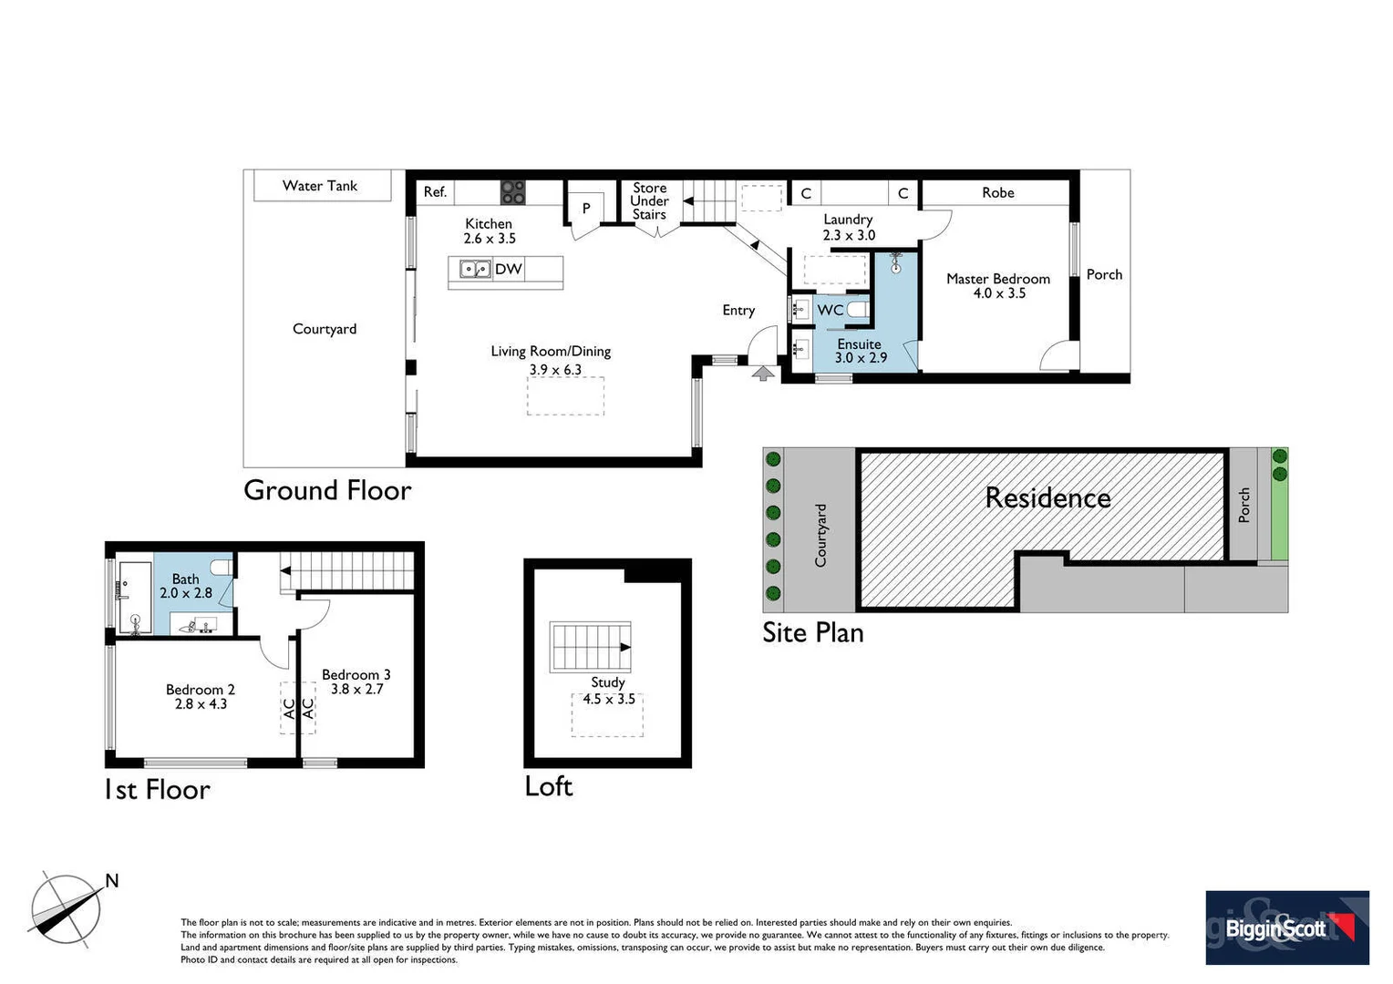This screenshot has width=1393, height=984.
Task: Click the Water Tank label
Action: pyautogui.click(x=320, y=186)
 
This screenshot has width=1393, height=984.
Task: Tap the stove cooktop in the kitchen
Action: pyautogui.click(x=512, y=192)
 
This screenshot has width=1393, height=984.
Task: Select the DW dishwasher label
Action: pyautogui.click(x=508, y=269)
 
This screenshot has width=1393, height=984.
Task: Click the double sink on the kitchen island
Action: pyautogui.click(x=474, y=269)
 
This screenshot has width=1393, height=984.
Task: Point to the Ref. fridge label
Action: pyautogui.click(x=435, y=192)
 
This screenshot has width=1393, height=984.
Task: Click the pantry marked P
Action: pyautogui.click(x=586, y=209)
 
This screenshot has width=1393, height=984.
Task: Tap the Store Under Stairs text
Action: pyautogui.click(x=649, y=201)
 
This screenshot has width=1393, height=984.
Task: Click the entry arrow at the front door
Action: pyautogui.click(x=763, y=372)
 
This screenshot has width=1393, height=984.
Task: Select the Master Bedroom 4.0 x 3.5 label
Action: pyautogui.click(x=997, y=286)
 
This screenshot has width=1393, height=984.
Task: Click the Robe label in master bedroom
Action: pyautogui.click(x=997, y=193)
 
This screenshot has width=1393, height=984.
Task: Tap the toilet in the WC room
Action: pyautogui.click(x=857, y=310)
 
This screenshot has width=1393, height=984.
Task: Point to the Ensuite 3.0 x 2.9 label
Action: pyautogui.click(x=860, y=351)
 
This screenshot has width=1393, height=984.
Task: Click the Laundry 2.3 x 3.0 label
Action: pyautogui.click(x=848, y=227)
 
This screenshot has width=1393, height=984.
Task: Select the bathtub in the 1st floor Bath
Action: pyautogui.click(x=134, y=596)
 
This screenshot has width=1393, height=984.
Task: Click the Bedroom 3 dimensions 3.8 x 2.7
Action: pyautogui.click(x=356, y=690)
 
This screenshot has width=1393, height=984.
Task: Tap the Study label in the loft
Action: pyautogui.click(x=607, y=682)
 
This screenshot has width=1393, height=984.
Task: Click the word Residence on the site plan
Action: pyautogui.click(x=1047, y=498)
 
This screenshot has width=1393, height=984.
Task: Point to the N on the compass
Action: pyautogui.click(x=112, y=880)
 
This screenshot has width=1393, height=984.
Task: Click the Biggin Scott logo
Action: pyautogui.click(x=1286, y=928)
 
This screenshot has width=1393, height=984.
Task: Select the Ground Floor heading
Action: pyautogui.click(x=327, y=490)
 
